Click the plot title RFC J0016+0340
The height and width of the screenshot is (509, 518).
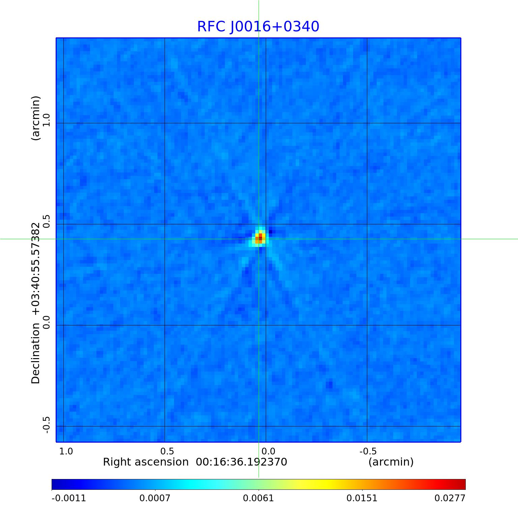258,27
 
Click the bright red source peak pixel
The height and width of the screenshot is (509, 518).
260,236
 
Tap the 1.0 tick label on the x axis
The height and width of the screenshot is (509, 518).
66,451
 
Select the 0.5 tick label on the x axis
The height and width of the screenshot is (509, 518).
167,451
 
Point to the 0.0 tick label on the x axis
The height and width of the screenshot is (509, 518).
268,451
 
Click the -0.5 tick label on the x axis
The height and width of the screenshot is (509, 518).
368,451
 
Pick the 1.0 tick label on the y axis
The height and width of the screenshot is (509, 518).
46,120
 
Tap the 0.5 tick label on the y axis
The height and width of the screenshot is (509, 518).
46,221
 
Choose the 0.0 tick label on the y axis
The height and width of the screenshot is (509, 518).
46,322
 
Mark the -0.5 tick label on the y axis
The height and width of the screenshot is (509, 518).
46,425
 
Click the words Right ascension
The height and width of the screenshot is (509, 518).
146,462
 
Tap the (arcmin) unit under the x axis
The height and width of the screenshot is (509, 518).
391,462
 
